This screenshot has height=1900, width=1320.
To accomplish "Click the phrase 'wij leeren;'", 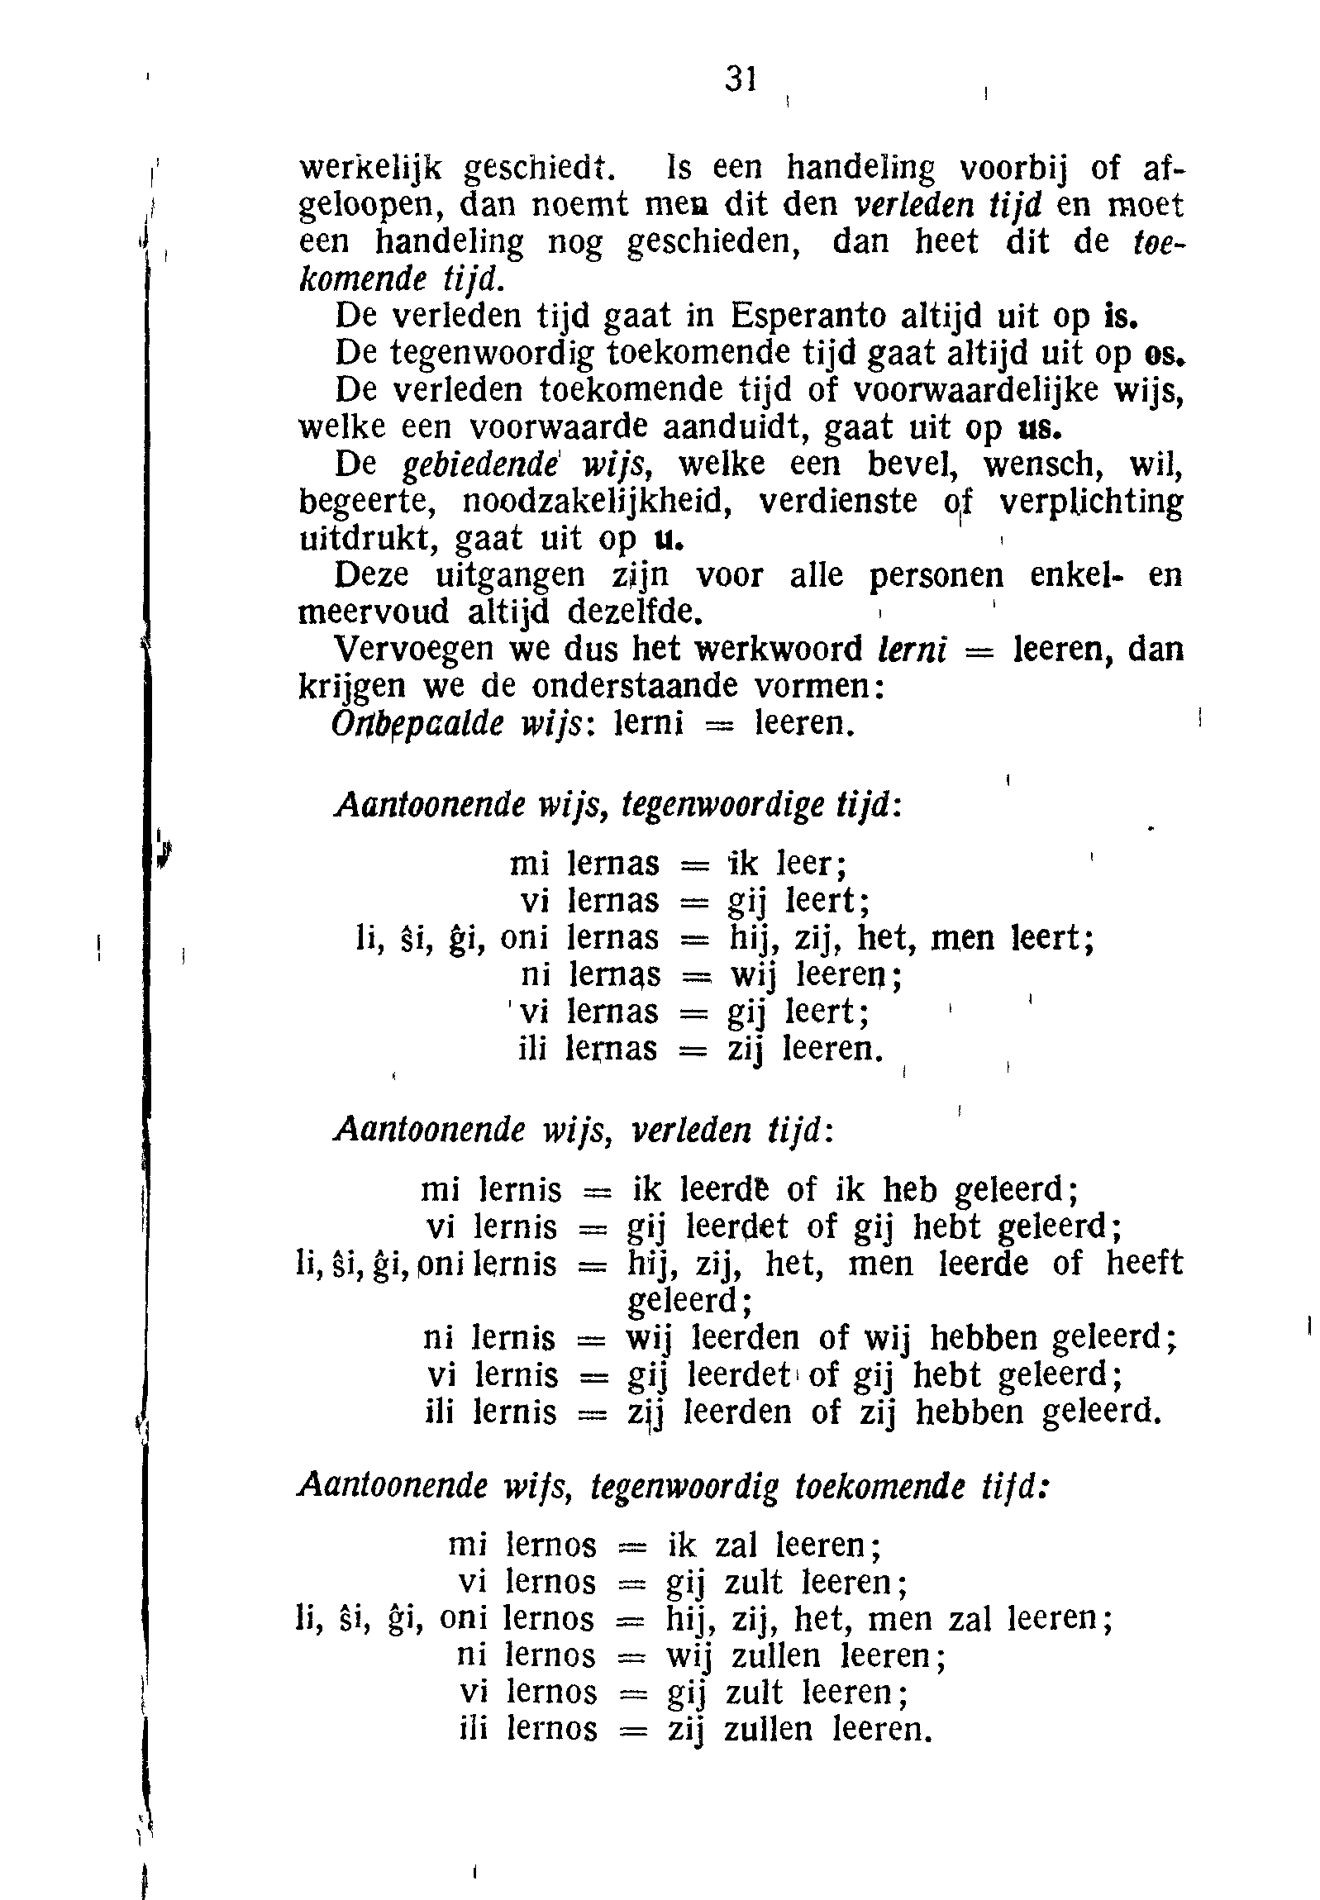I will pyautogui.click(x=815, y=976).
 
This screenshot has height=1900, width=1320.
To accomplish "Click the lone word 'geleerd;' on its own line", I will pyautogui.click(x=689, y=1301).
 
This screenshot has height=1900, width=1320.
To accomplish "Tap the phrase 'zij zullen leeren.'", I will pyautogui.click(x=799, y=1729).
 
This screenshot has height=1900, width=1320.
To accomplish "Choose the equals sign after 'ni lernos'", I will pyautogui.click(x=631, y=1657).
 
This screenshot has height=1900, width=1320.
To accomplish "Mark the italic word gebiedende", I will pyautogui.click(x=480, y=465).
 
